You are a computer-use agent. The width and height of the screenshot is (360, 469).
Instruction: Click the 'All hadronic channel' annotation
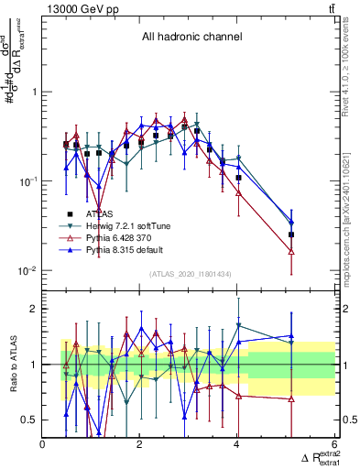pyautogui.click(x=191, y=38)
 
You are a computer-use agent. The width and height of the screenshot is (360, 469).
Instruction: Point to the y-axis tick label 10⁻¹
pyautogui.click(x=28, y=181)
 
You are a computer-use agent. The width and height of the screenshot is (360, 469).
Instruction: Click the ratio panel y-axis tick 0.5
pyautogui.click(x=30, y=420)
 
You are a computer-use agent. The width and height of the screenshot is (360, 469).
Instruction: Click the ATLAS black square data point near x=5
pyautogui.click(x=291, y=234)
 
